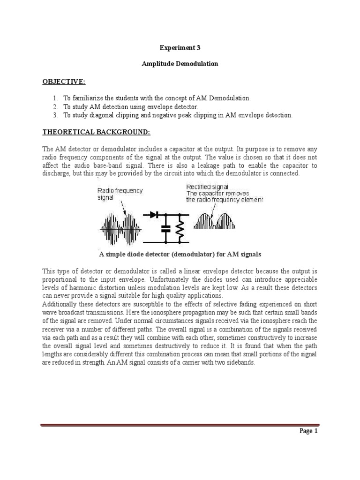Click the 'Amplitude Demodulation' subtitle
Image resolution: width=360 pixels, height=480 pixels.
tap(180, 64)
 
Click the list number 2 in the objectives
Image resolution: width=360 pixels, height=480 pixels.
tap(54, 107)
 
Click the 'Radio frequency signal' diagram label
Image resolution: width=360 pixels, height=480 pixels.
tap(120, 194)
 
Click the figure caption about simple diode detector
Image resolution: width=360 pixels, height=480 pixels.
tap(180, 254)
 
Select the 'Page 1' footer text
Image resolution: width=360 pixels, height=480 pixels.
tap(309, 432)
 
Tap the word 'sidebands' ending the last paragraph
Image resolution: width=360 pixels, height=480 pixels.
tap(241, 363)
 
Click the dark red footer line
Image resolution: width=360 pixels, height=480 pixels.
tap(180, 412)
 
